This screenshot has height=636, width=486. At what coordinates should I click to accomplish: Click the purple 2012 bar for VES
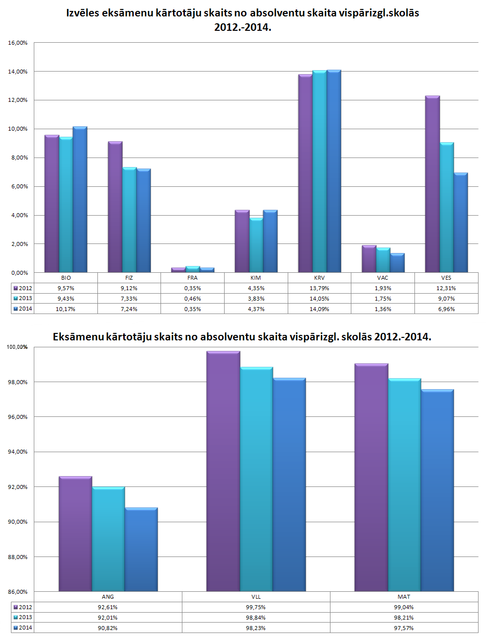[x=432, y=184]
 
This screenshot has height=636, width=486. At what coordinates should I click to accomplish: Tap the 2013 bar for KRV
[x=320, y=171]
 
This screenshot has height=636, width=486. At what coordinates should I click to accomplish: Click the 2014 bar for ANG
[x=141, y=549]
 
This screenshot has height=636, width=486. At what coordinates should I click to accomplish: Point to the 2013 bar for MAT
[x=405, y=484]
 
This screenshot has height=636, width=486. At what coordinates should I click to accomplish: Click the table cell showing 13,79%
[x=319, y=288]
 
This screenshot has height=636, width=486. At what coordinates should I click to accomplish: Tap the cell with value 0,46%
[x=192, y=299]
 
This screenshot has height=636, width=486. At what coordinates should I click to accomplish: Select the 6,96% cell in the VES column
[x=446, y=309]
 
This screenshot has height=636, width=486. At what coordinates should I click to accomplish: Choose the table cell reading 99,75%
[x=256, y=607]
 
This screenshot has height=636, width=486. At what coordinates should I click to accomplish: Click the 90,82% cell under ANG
[x=108, y=628]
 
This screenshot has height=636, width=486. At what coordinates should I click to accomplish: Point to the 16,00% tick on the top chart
[x=18, y=43]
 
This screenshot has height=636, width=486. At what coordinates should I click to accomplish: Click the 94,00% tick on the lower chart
[x=18, y=452]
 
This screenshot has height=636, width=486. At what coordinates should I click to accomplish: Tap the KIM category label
[x=256, y=278]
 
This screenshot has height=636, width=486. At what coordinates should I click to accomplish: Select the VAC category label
[x=383, y=278]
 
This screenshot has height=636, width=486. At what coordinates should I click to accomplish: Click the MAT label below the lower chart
[x=404, y=597]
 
